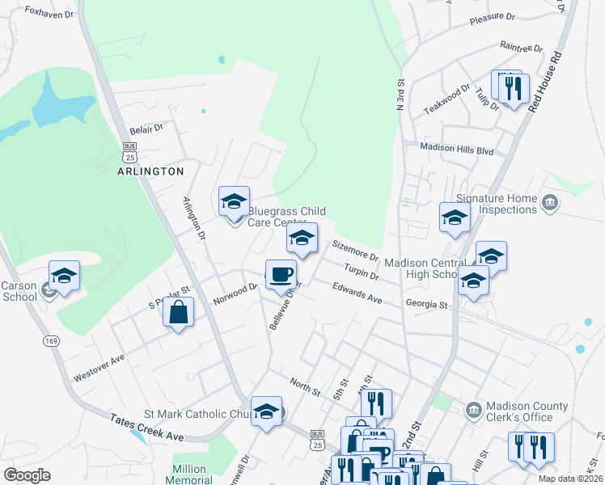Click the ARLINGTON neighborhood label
point(150,171)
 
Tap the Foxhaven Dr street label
point(50,11)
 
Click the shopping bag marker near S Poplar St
point(179,311)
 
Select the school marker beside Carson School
point(65,276)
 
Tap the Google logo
point(27,474)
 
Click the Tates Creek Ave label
point(147,426)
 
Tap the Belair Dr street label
point(146,128)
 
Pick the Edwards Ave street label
point(357,293)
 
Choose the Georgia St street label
point(426,305)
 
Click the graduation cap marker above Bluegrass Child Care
point(234,200)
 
